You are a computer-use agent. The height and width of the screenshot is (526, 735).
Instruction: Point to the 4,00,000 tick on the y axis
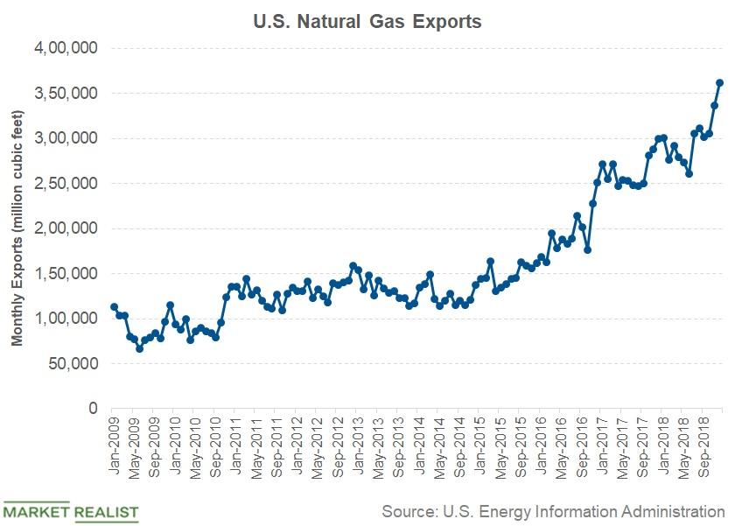pos(66,48)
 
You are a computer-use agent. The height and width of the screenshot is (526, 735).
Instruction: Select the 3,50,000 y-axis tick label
pos(66,94)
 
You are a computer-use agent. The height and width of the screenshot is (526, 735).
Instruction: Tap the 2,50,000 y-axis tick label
pos(66,184)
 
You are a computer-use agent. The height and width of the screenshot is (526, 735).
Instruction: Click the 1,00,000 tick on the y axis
pos(66,319)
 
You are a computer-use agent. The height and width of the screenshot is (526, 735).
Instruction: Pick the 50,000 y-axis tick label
pos(71,364)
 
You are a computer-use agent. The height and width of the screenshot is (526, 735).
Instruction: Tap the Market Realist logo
pos(70,510)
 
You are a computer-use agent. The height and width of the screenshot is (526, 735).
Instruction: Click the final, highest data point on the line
pos(720,82)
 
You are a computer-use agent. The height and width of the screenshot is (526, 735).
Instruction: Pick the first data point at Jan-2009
pos(114,306)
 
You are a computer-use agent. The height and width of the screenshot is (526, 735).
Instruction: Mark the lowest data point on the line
pos(139,348)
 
